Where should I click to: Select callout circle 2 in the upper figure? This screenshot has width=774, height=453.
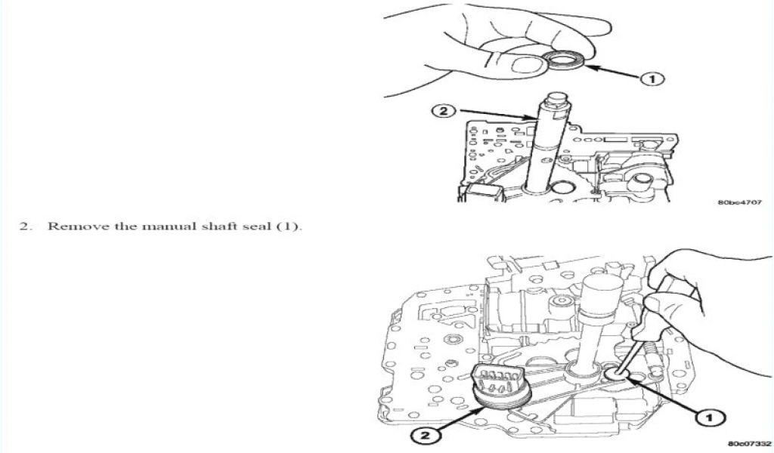pyautogui.click(x=444, y=112)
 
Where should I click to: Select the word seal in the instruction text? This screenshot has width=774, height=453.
pyautogui.click(x=257, y=226)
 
